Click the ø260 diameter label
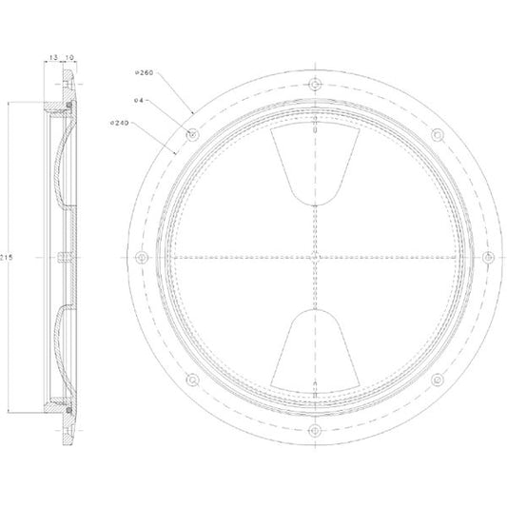(x=144, y=72)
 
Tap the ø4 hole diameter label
(x=138, y=100)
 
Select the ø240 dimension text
(x=120, y=123)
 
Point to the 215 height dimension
(x=6, y=258)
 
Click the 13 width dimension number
(x=53, y=57)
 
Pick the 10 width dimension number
(x=69, y=57)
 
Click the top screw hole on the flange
(x=315, y=85)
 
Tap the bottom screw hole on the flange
(x=315, y=430)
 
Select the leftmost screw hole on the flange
(x=142, y=258)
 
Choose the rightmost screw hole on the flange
(x=488, y=258)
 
